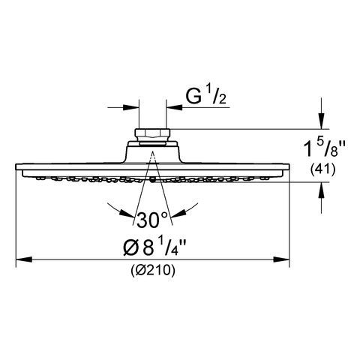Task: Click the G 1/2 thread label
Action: [x=205, y=96]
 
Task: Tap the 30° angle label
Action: [x=151, y=220]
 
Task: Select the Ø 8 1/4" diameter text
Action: [x=154, y=246]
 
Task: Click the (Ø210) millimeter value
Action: [x=153, y=270]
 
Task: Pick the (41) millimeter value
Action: [x=322, y=170]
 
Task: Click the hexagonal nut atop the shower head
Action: [x=152, y=133]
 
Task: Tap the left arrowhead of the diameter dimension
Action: [x=24, y=259]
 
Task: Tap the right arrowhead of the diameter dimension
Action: [x=281, y=259]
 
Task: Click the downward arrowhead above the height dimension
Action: [x=321, y=121]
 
